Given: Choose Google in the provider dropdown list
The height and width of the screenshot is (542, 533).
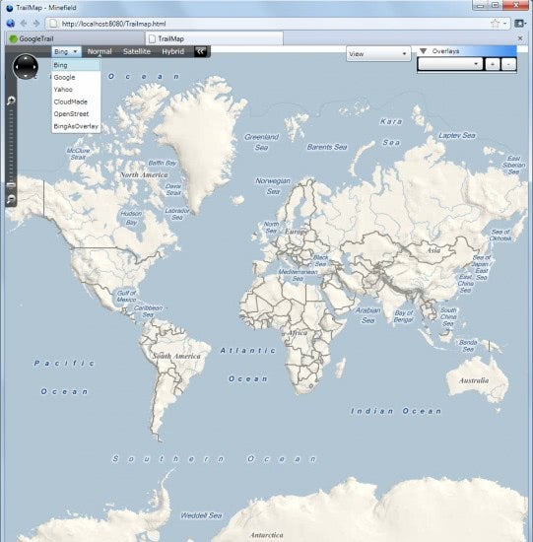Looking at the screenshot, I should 64,76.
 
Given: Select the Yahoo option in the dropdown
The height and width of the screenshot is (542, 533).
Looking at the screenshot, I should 63,89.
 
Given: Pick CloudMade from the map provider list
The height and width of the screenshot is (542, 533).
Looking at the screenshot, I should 70,102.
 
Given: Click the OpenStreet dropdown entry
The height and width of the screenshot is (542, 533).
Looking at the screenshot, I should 70,114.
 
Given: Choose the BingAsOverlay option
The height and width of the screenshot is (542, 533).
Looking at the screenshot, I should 75,127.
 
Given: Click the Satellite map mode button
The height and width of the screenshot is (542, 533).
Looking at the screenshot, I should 137,51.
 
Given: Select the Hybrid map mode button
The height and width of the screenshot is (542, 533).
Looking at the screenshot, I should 172,51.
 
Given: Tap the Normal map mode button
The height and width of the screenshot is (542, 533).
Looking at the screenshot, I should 100,51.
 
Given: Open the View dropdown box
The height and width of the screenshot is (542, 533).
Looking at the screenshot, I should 378,54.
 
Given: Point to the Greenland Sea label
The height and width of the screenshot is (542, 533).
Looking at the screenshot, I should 262,142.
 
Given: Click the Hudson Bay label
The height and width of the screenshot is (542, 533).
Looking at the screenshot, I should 130,217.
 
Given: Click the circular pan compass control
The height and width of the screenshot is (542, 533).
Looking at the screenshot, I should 27,66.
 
